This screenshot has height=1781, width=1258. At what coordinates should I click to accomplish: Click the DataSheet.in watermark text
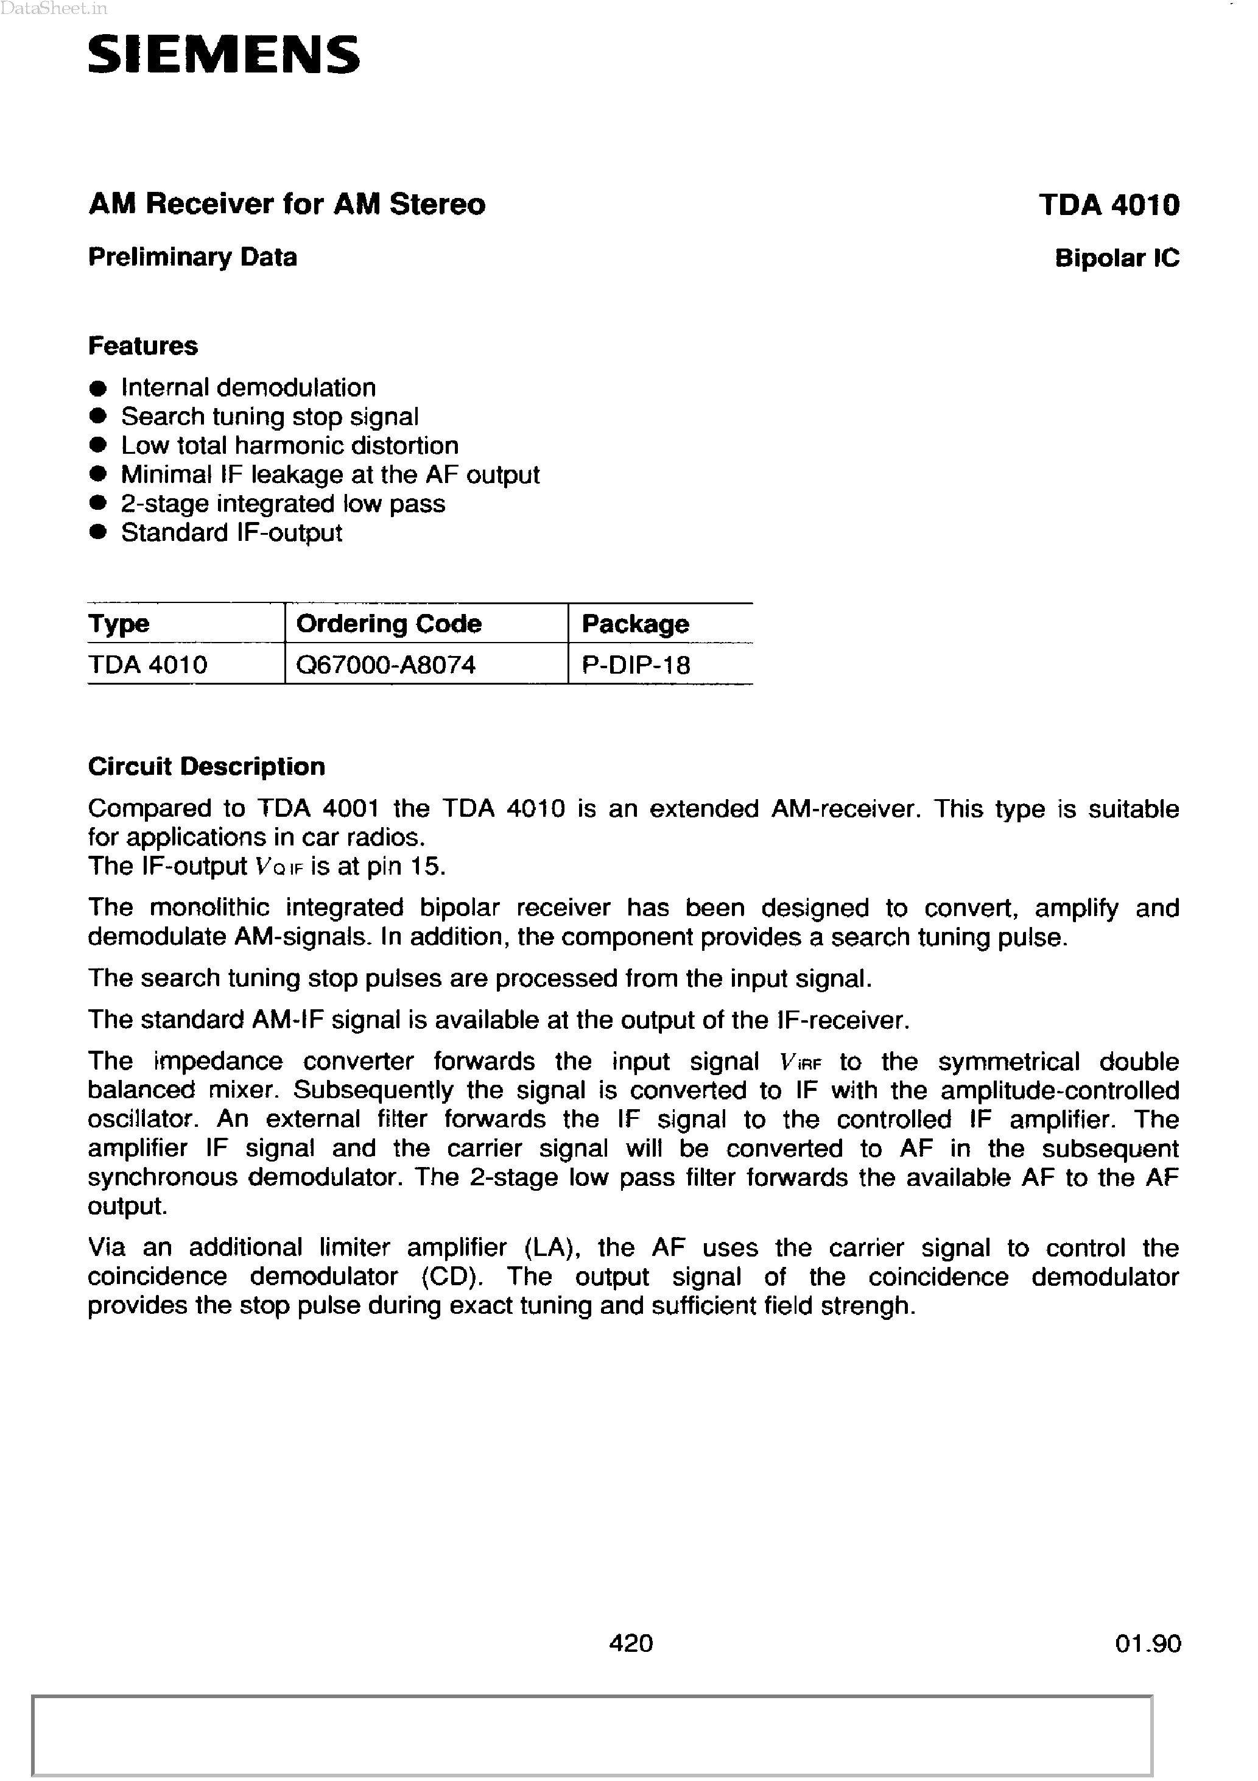coord(54,9)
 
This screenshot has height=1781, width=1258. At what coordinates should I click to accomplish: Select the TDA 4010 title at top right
coord(1108,205)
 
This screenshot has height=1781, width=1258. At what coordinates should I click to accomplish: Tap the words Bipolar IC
coord(1116,258)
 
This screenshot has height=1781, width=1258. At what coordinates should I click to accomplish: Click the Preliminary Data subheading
coord(192,257)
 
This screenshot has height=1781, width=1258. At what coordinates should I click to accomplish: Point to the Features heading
coord(142,345)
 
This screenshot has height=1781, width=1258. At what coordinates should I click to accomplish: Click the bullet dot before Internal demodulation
coord(97,388)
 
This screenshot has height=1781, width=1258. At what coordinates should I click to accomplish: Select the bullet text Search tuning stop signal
coord(269,417)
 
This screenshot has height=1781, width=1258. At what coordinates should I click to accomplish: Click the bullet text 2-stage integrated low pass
coord(283,504)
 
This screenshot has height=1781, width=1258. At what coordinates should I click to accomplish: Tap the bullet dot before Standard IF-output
coord(97,533)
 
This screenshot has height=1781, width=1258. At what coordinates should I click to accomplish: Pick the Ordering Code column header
coord(388,624)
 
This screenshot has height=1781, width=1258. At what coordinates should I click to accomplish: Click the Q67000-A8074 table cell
coord(385,665)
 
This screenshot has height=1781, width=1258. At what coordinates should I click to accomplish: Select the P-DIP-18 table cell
coord(635,665)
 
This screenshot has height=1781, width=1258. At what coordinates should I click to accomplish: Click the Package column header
coord(634,624)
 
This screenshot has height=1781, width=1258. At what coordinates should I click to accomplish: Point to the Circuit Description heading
coord(206,766)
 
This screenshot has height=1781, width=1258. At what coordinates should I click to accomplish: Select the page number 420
coord(631,1642)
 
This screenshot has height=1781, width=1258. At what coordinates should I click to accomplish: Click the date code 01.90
coord(1147,1643)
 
